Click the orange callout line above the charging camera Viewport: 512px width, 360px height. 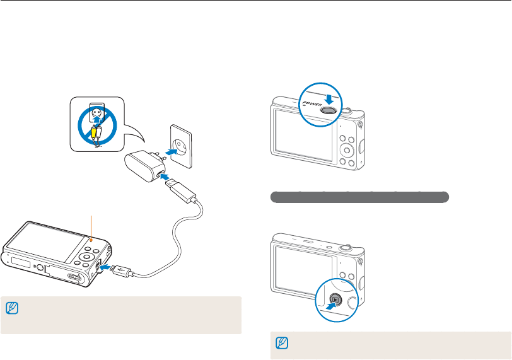click(92, 227)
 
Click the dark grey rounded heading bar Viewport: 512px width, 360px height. click(359, 197)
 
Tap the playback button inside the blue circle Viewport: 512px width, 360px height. click(337, 300)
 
